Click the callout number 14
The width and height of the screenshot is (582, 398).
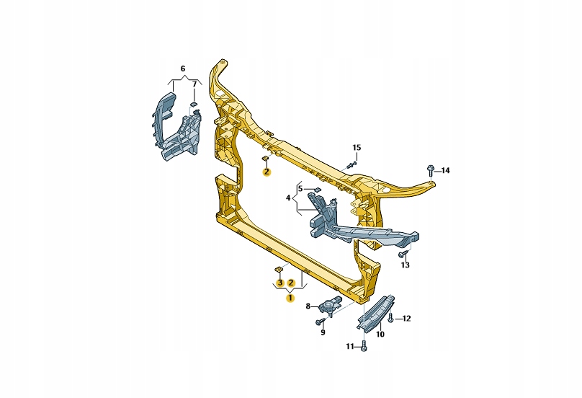tap(445, 171)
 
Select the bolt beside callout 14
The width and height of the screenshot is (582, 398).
tap(430, 170)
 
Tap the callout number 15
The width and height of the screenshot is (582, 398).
tap(357, 148)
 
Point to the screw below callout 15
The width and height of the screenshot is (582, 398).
tap(351, 165)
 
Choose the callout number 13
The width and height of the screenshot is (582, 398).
tap(405, 265)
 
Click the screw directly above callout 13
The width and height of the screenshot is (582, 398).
tap(403, 253)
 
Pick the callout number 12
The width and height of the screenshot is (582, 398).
tap(406, 318)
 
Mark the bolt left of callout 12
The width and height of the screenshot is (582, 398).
tap(390, 318)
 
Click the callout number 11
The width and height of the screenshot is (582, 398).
tap(350, 347)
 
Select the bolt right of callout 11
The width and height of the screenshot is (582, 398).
tap(362, 347)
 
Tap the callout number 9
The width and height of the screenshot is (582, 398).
tap(323, 332)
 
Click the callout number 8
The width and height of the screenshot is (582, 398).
tap(308, 306)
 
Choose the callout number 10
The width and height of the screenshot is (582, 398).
tap(380, 334)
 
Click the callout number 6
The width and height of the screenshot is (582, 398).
tap(182, 68)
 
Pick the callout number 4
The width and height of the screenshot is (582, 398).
tap(288, 198)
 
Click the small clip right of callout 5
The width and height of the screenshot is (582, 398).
tap(315, 189)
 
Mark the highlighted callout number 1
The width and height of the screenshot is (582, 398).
tap(290, 297)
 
